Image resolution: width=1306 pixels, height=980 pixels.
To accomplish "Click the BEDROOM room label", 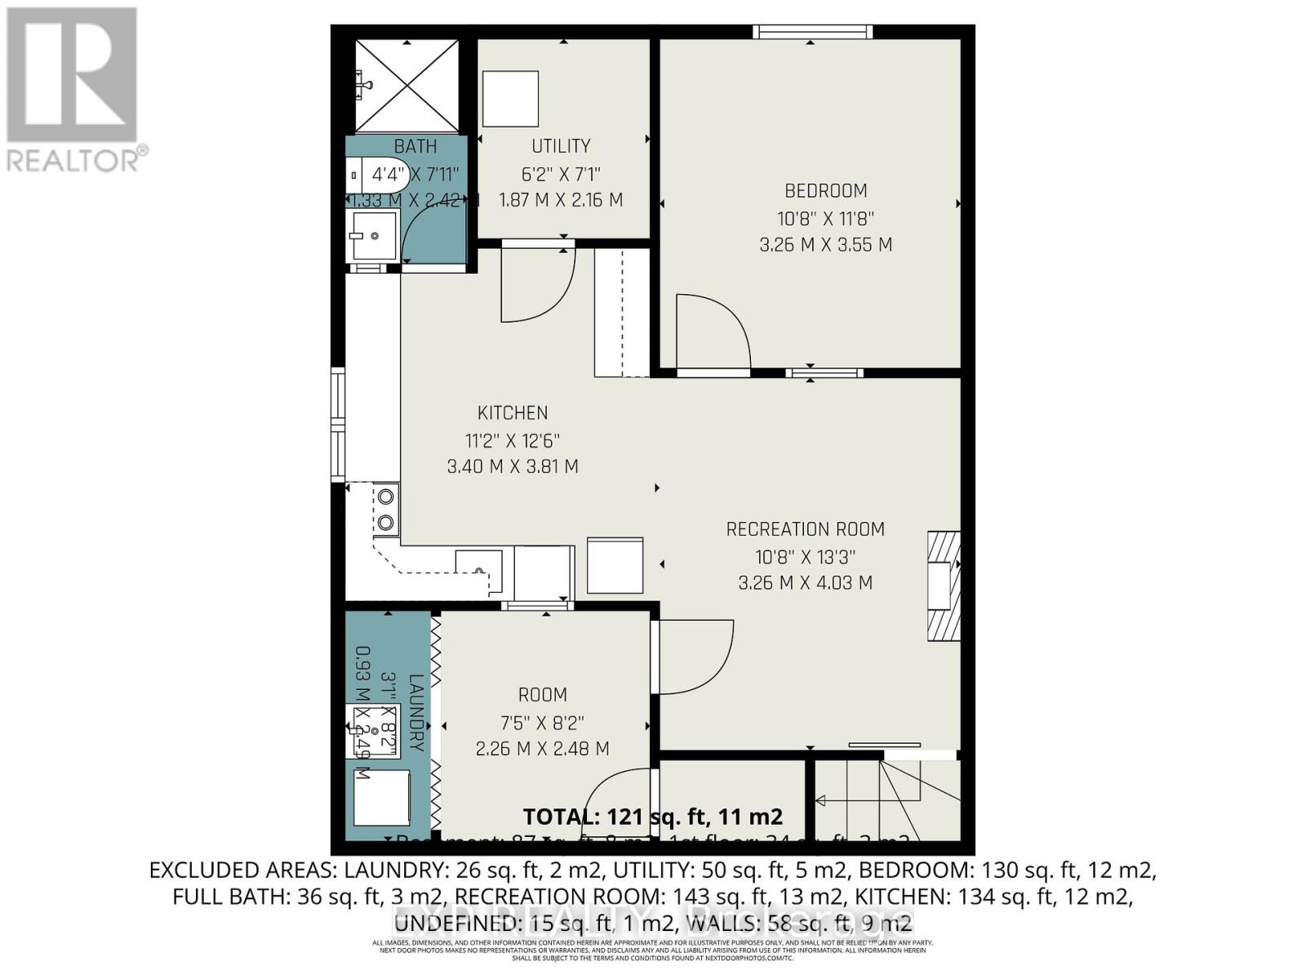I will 825,191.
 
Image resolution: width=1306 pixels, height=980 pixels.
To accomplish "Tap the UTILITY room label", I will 561,146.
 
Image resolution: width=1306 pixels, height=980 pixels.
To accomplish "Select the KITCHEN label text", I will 513,413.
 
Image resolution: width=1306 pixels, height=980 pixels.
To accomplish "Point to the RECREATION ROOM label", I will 805,529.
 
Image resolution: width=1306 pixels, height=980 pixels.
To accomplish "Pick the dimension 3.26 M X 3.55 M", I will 825,244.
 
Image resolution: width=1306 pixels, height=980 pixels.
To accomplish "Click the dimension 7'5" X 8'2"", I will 543,722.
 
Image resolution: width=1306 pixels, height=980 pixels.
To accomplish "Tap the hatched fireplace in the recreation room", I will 943,586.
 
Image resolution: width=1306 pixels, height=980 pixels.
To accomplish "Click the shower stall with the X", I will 406,85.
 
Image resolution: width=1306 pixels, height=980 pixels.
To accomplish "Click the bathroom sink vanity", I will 373,236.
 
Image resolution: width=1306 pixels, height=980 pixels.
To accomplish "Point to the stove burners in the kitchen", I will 386,510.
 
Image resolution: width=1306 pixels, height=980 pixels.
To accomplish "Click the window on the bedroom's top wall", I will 812,32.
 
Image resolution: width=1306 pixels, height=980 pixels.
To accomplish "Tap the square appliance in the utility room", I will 510,98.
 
